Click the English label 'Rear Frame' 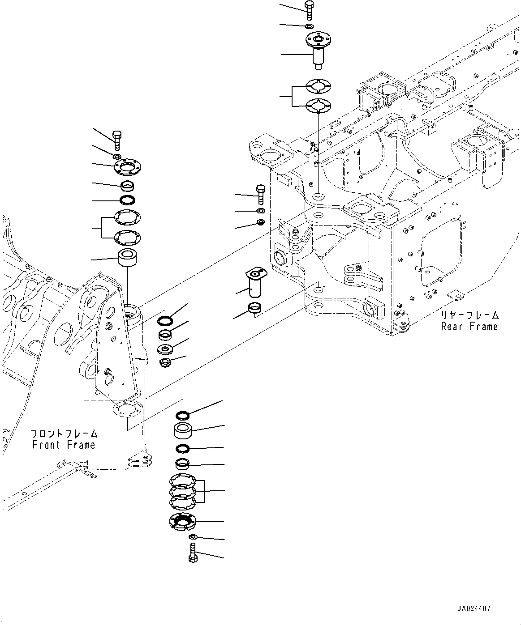pos(469,327)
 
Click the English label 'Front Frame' pos(64,445)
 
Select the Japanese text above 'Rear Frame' pos(469,315)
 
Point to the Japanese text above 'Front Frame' pos(64,434)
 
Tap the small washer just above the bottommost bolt pos(193,537)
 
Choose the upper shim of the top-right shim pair pos(318,85)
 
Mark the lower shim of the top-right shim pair pos(318,106)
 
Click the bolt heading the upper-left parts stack pos(116,140)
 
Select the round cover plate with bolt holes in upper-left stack pos(126,167)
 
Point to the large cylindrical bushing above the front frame pos(127,259)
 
